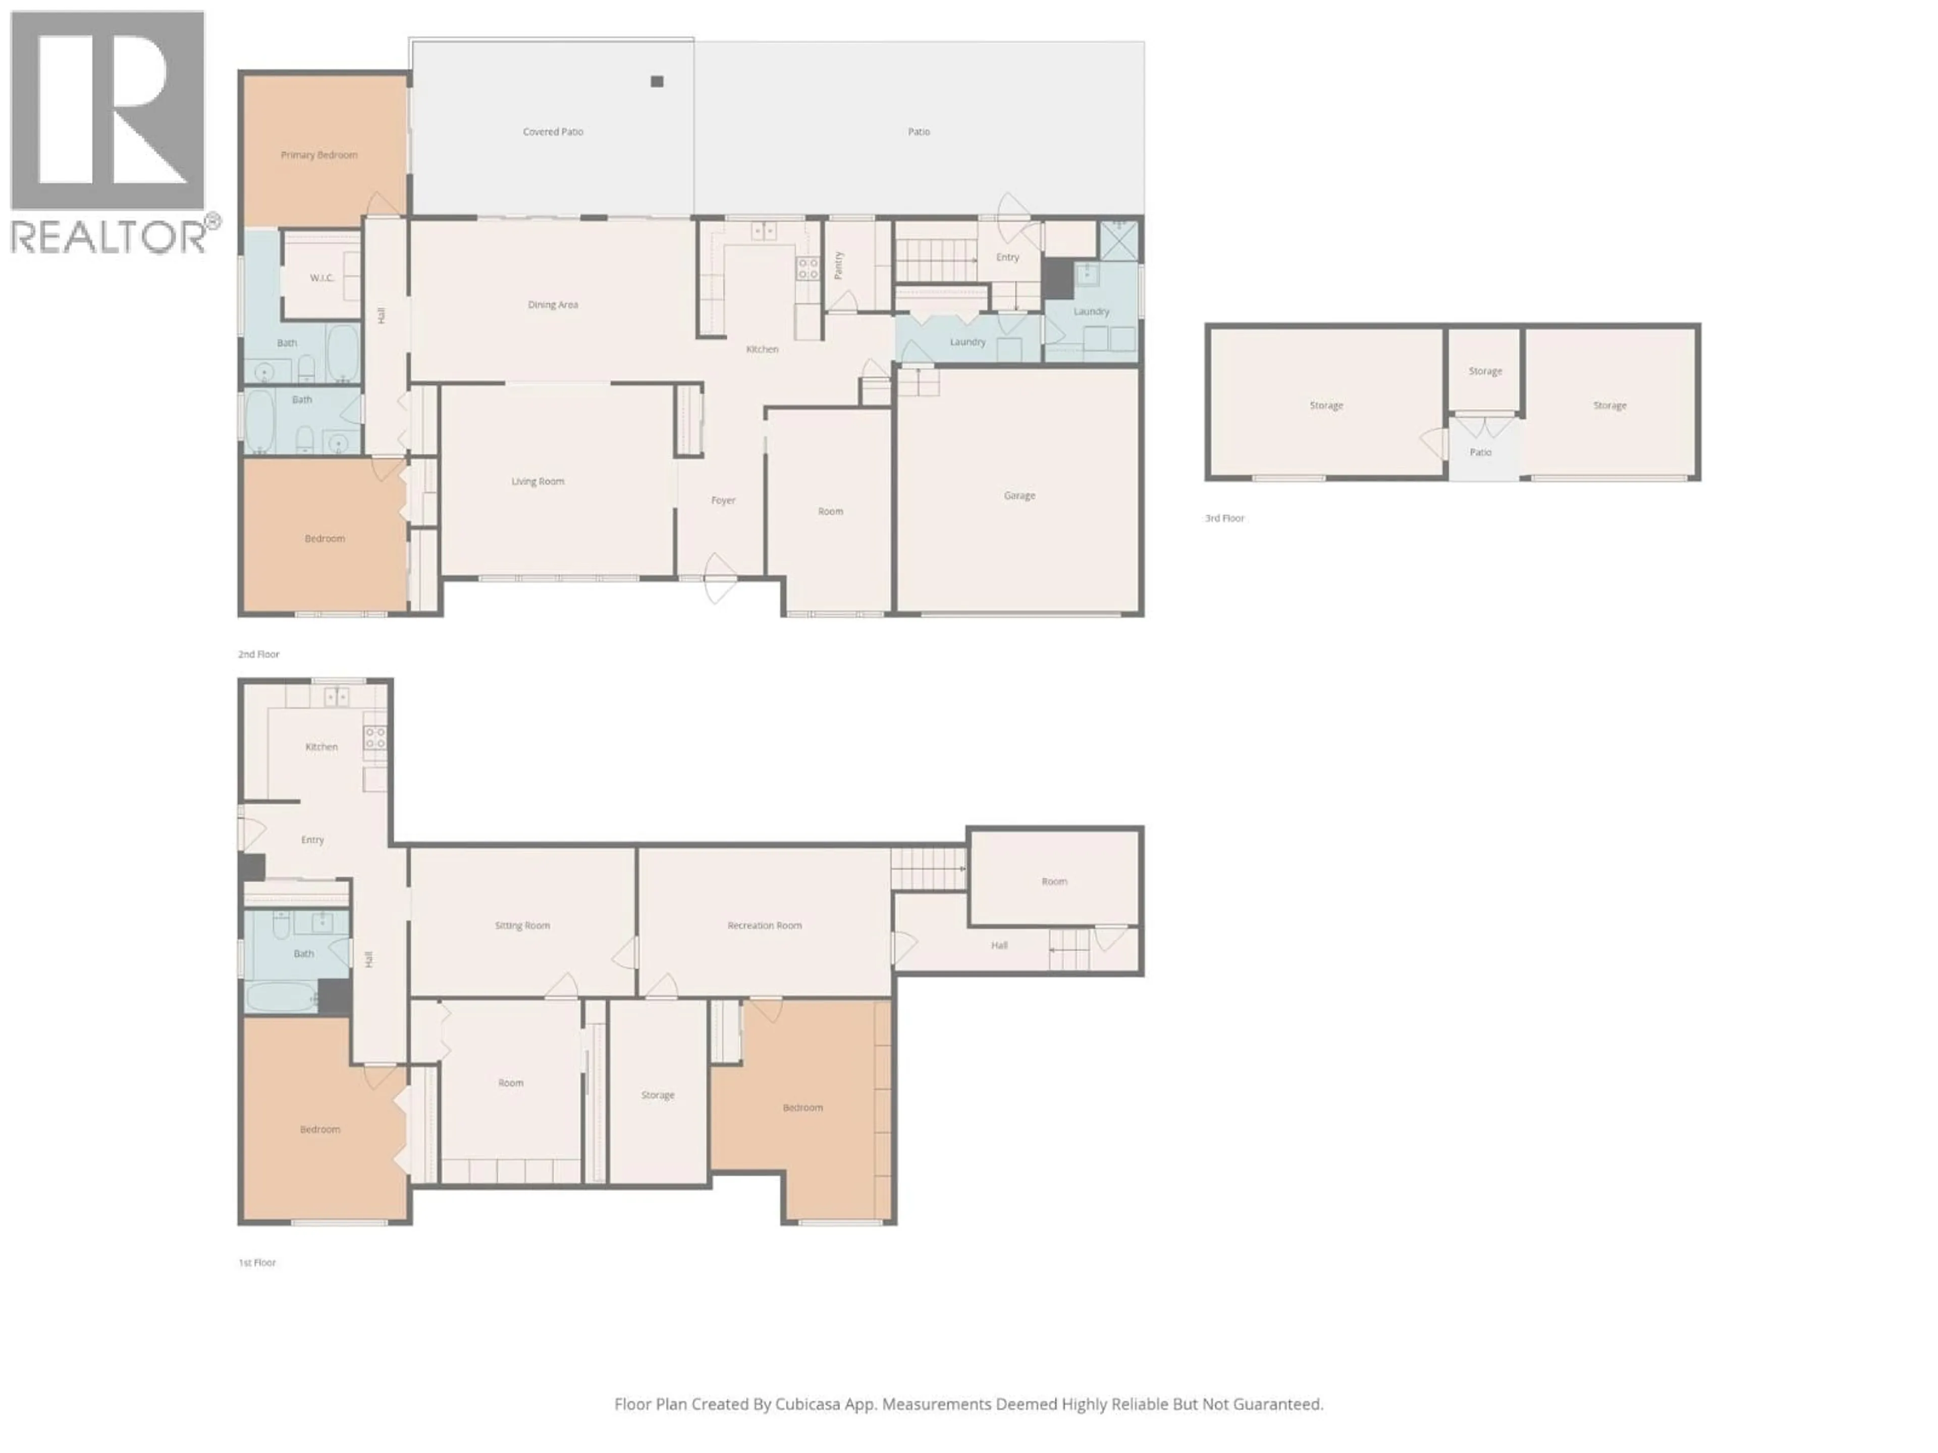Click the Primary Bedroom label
click(319, 155)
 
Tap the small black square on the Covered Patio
click(657, 81)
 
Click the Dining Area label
click(553, 305)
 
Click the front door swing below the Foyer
click(719, 578)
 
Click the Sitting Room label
click(522, 926)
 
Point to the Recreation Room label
click(764, 926)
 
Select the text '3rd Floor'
click(1224, 519)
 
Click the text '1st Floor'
click(257, 1263)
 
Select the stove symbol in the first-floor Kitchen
click(375, 738)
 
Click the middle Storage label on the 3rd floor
click(1485, 371)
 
